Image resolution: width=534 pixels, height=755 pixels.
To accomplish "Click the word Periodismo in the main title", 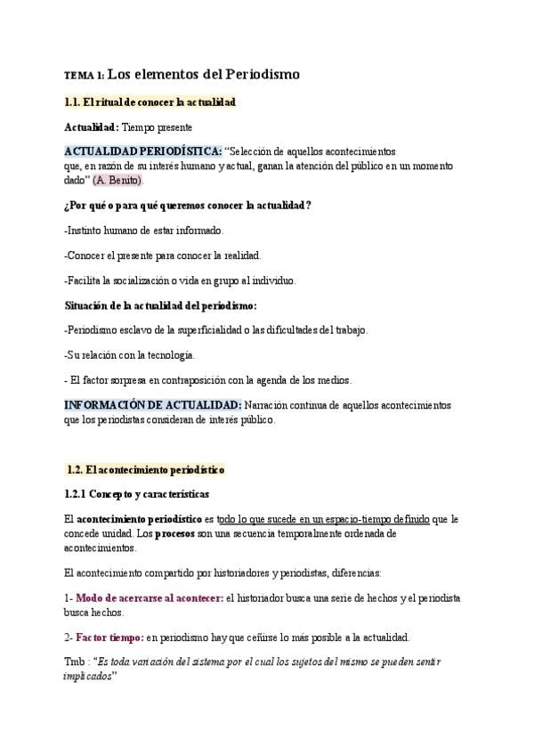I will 260,75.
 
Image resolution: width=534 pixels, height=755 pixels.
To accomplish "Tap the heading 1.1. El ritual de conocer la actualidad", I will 150,103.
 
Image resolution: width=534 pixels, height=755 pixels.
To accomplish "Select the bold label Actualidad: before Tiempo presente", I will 92,128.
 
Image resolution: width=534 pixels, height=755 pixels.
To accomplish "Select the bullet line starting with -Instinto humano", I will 144,230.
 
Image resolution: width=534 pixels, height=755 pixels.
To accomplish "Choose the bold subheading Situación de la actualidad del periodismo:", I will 160,304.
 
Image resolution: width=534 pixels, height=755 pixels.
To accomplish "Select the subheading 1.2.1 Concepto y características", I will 137,493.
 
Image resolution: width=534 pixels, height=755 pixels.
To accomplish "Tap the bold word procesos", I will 182,533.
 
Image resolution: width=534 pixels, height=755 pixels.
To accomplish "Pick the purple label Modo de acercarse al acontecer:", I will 150,598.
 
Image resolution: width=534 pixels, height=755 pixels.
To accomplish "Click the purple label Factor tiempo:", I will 109,637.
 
